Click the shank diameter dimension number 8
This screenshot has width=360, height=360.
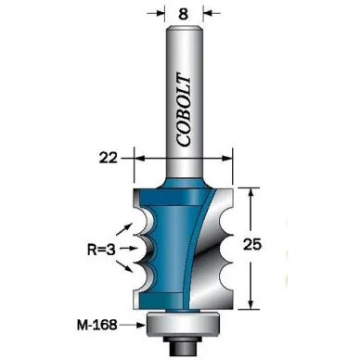point(184,14)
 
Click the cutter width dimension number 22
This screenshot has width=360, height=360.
point(109,159)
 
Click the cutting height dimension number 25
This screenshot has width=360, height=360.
point(252,245)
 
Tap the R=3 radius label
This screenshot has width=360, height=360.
point(101,250)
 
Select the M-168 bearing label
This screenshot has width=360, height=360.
point(96,325)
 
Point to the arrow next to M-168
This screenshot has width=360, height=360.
point(133,325)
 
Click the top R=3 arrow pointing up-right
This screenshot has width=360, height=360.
point(125,229)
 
